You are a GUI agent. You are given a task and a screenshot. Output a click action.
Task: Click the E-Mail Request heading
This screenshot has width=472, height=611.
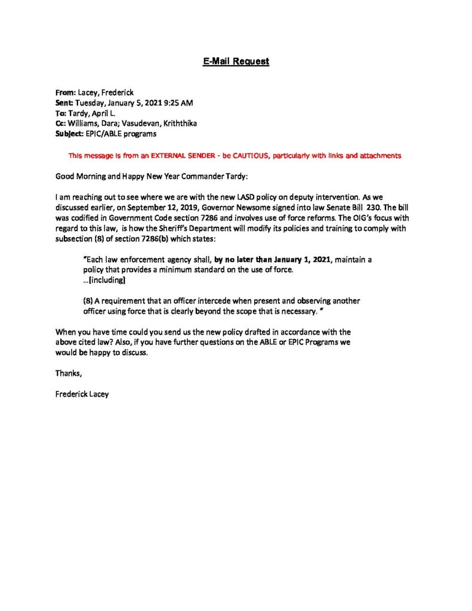click(236, 61)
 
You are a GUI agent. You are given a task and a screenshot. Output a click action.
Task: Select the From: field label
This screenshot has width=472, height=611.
click(65, 92)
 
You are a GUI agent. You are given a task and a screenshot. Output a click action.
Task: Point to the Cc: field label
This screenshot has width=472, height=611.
click(61, 124)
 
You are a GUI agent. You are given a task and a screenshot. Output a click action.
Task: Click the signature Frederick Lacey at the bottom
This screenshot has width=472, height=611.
click(82, 394)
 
